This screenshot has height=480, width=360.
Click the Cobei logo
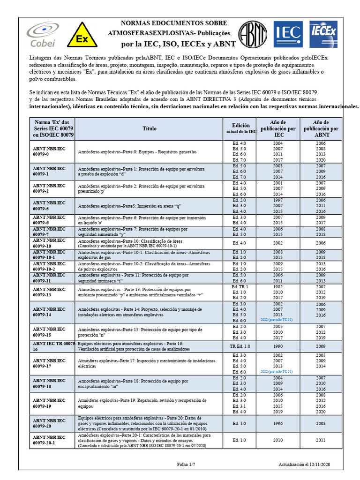[42, 36]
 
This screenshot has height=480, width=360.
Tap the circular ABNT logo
[253, 34]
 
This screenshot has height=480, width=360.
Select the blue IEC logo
[288, 34]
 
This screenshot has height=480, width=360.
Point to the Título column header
[150, 128]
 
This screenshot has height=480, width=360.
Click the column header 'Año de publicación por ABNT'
[321, 128]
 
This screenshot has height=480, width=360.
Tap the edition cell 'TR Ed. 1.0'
[239, 346]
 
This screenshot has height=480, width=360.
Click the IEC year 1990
[278, 346]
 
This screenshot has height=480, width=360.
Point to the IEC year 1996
[278, 423]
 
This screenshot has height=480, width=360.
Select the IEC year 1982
[278, 286]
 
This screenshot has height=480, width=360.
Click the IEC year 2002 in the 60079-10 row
[278, 243]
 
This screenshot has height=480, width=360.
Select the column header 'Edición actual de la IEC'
[239, 128]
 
